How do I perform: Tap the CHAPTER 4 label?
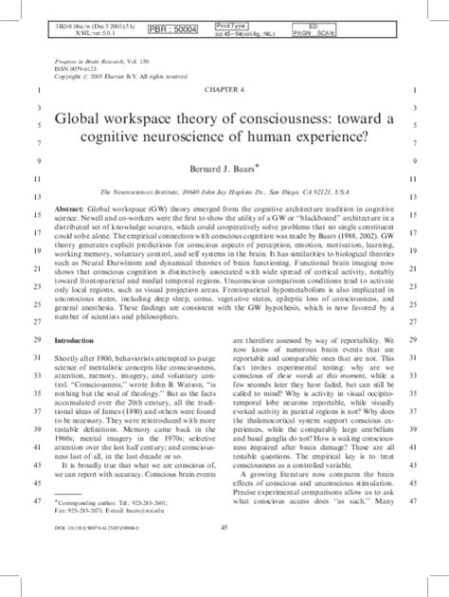pyautogui.click(x=224, y=89)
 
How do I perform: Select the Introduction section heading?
pyautogui.click(x=80, y=339)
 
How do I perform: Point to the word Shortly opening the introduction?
pyautogui.click(x=68, y=357)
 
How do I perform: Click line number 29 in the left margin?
pyautogui.click(x=36, y=339)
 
